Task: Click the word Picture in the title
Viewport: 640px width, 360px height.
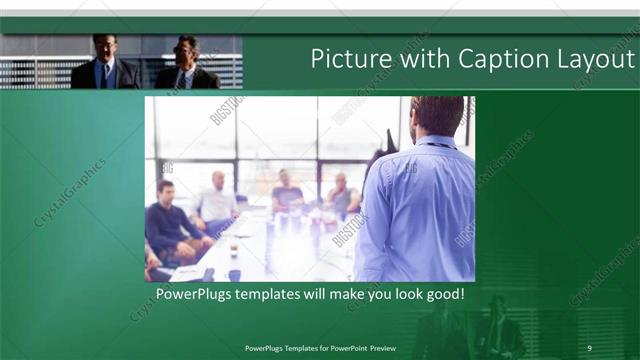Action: (x=347, y=60)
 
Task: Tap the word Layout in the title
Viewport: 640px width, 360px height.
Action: (x=594, y=60)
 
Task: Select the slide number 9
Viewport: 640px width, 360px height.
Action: (x=589, y=347)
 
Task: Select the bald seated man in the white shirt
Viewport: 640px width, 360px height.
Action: (x=217, y=201)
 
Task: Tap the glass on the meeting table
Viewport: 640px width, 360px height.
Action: (x=233, y=248)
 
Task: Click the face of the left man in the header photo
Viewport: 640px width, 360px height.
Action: (x=106, y=48)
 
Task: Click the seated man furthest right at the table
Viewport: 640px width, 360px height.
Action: (x=343, y=194)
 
